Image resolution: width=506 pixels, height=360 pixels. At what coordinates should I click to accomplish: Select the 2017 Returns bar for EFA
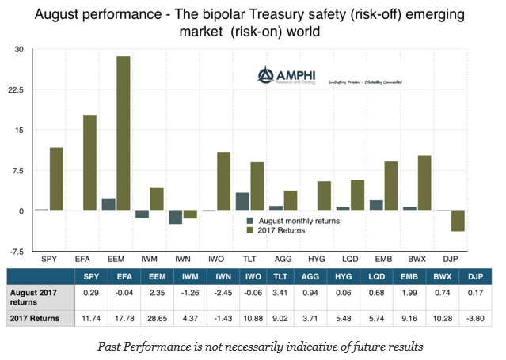pos(89,163)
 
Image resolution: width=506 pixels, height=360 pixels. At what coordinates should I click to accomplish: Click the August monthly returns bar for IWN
pos(176,218)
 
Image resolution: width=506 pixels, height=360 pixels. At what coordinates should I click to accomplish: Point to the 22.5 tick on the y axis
pos(15,90)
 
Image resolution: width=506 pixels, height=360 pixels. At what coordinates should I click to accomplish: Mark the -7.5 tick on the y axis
pos(15,252)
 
